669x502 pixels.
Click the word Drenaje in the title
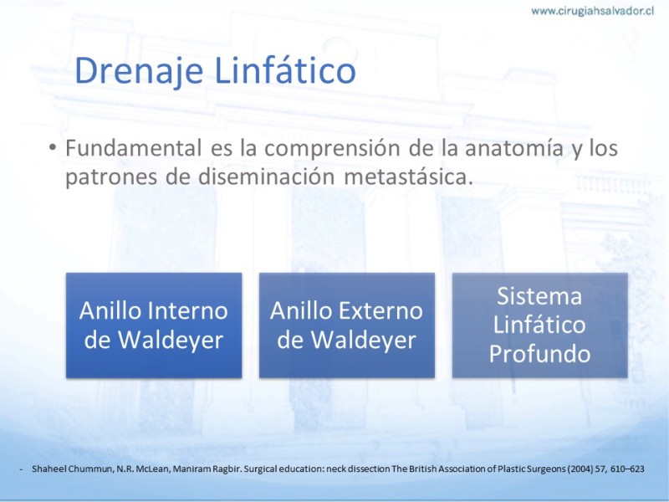coord(138,71)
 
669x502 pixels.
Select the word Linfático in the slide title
coord(285,69)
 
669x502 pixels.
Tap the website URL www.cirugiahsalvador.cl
coord(592,11)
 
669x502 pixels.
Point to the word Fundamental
coord(134,148)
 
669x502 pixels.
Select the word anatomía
coord(513,148)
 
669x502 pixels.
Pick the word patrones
coord(111,177)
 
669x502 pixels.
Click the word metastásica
coord(408,177)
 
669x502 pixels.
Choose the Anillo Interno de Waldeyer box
coord(154,325)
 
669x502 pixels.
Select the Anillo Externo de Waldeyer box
coord(347,325)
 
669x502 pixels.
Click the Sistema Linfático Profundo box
coord(539,325)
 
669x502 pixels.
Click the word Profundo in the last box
coord(539,354)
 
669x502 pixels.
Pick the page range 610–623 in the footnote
coord(627,469)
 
